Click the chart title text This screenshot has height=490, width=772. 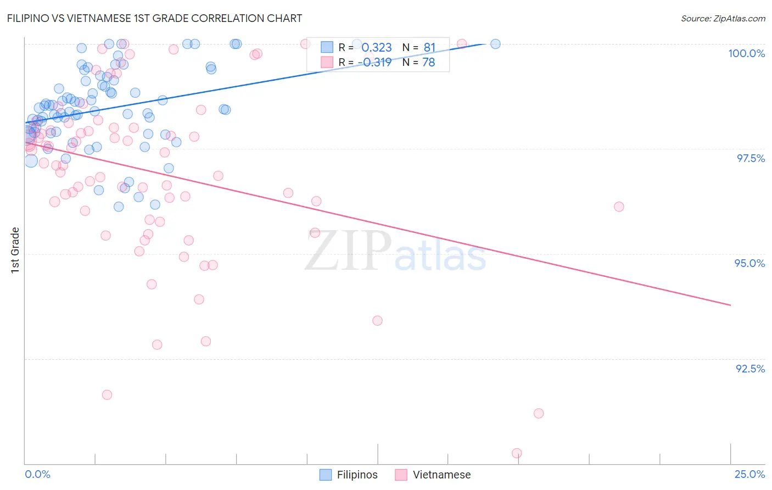pyautogui.click(x=154, y=18)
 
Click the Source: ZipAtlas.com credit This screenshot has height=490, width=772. pyautogui.click(x=723, y=18)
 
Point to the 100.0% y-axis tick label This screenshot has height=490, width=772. pyautogui.click(x=746, y=53)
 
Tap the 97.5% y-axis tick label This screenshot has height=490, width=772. pyautogui.click(x=750, y=158)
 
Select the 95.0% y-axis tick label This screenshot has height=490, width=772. pyautogui.click(x=749, y=263)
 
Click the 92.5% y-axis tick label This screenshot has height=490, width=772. pyautogui.click(x=750, y=369)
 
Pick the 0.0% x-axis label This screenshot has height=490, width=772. pyautogui.click(x=37, y=474)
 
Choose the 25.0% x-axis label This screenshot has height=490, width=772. pyautogui.click(x=749, y=474)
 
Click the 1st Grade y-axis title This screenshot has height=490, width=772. pyautogui.click(x=15, y=250)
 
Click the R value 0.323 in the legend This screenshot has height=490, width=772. pyautogui.click(x=377, y=48)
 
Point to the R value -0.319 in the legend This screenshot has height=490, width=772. pyautogui.click(x=377, y=62)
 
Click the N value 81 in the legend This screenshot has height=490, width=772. pyautogui.click(x=429, y=48)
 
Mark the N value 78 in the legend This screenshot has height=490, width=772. pyautogui.click(x=428, y=62)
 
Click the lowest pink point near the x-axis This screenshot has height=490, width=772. pyautogui.click(x=517, y=453)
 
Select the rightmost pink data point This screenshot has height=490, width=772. pyautogui.click(x=619, y=207)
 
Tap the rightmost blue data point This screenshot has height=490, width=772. pyautogui.click(x=495, y=44)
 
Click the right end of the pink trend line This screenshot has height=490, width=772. pyautogui.click(x=730, y=305)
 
